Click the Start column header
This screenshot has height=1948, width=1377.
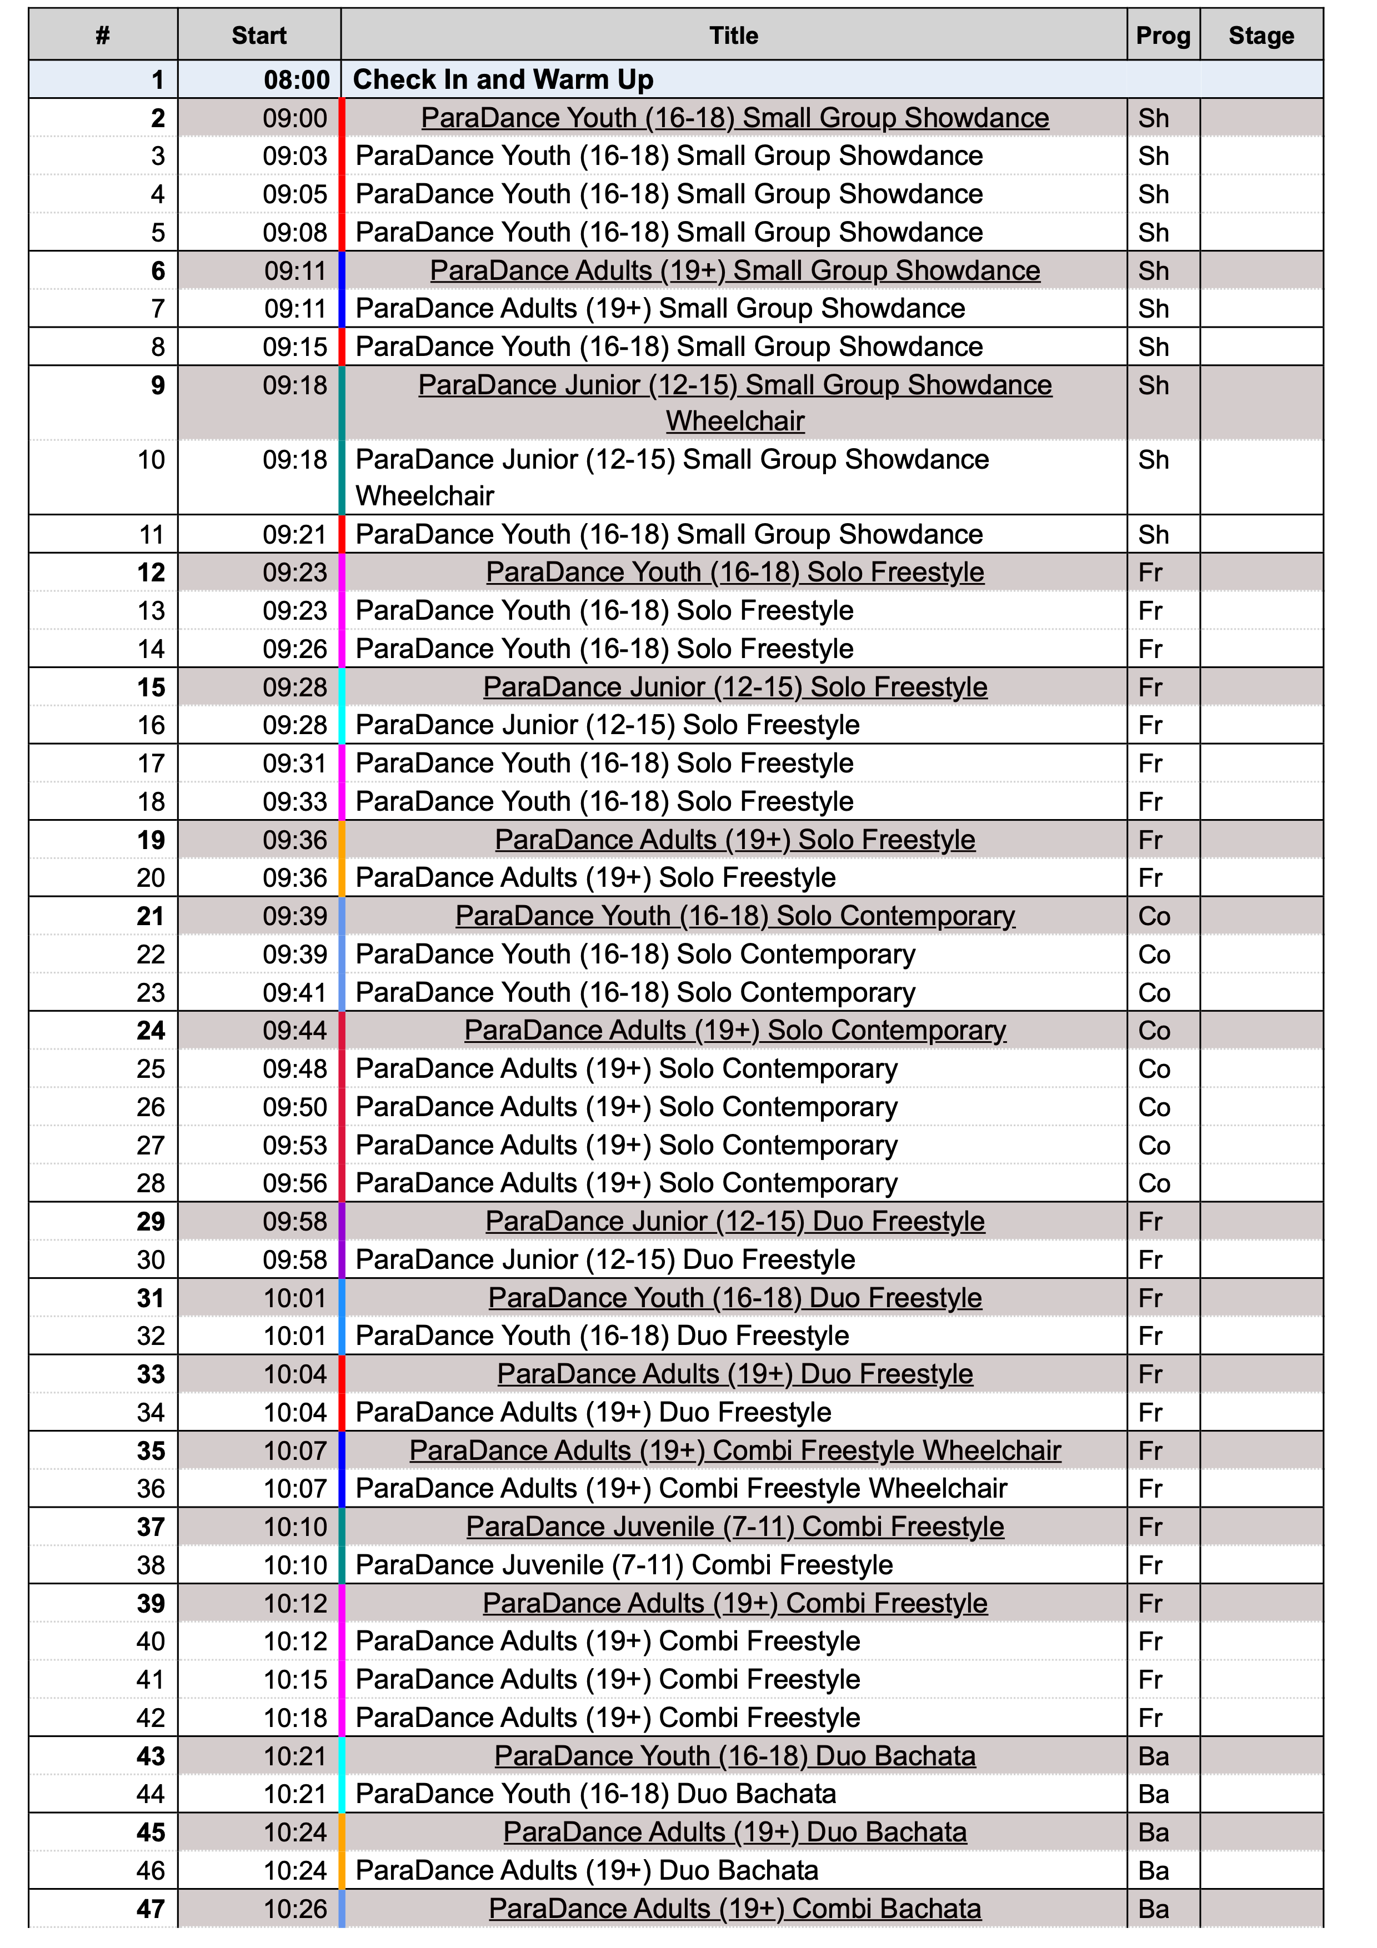(x=259, y=36)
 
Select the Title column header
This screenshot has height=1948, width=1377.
(x=733, y=36)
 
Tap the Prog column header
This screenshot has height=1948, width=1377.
(x=1163, y=36)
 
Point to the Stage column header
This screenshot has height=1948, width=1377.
(x=1261, y=36)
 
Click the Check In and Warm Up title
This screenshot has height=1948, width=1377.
(x=503, y=80)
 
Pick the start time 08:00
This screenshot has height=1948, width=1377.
(x=296, y=80)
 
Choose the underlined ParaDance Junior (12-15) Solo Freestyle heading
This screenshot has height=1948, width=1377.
(x=735, y=687)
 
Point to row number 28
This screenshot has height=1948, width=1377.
(x=151, y=1183)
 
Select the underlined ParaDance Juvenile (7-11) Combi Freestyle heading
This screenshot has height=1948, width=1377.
(x=735, y=1527)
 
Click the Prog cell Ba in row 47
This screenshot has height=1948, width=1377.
(x=1153, y=1909)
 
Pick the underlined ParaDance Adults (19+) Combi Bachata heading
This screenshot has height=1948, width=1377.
(x=735, y=1909)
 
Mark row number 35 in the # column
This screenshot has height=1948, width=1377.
(x=151, y=1451)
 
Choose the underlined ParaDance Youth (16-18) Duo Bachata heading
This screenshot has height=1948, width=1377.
(x=735, y=1756)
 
